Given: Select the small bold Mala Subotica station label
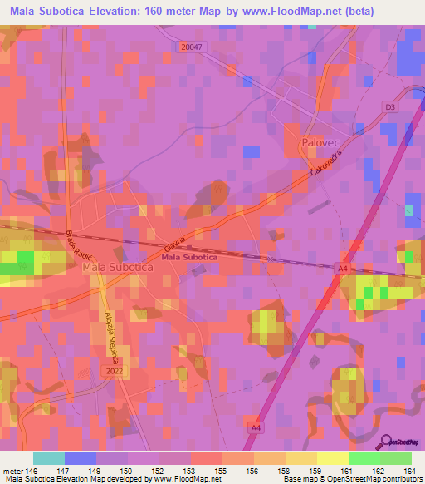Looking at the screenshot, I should pyautogui.click(x=189, y=258).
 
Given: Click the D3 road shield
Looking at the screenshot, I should pyautogui.click(x=390, y=107).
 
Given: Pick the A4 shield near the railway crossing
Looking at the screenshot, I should pyautogui.click(x=342, y=268).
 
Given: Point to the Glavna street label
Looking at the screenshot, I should pyautogui.click(x=173, y=243).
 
